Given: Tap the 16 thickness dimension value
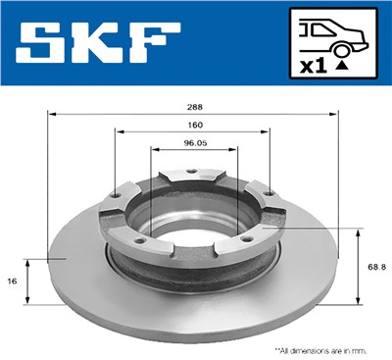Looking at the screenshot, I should [x=12, y=281].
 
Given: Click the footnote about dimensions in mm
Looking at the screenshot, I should [x=322, y=348].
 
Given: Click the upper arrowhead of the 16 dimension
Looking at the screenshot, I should [x=29, y=262].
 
